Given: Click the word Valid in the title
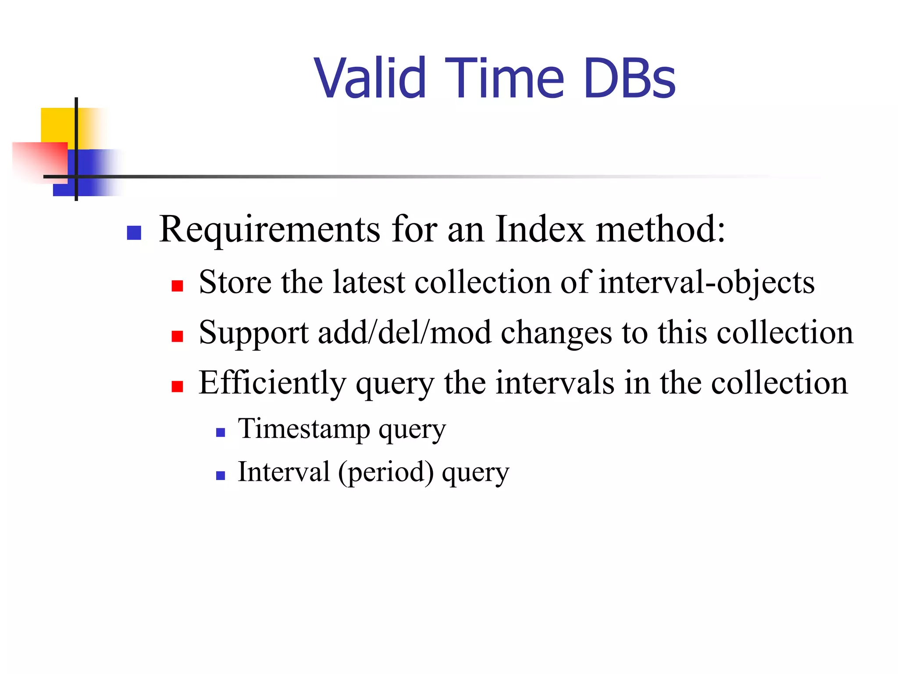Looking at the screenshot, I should click(370, 79).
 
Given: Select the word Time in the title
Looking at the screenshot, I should click(504, 79).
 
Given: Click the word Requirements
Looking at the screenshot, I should click(269, 230).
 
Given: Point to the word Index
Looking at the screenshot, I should click(540, 229).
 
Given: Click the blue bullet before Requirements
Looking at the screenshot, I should click(134, 233).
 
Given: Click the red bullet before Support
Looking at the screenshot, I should click(177, 337).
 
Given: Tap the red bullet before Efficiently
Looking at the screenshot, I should click(177, 387).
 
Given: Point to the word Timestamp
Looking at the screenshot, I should click(304, 429).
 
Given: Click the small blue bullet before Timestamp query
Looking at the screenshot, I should click(221, 433).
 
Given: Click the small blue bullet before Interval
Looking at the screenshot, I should click(221, 476).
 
